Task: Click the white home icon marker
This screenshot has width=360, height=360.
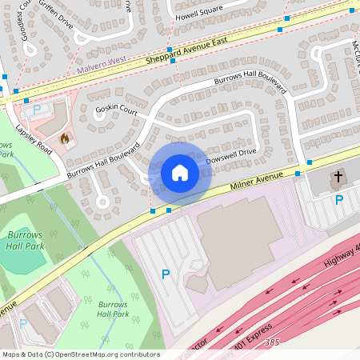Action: tap(180, 173)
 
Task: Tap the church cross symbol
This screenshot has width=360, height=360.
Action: tap(338, 176)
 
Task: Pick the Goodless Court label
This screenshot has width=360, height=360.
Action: tap(18, 18)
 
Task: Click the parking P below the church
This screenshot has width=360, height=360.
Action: tap(338, 199)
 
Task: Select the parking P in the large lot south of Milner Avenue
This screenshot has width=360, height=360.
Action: tap(166, 274)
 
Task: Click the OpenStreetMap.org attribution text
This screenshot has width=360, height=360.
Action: tap(104, 354)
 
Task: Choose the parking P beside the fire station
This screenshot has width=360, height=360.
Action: tap(37, 108)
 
